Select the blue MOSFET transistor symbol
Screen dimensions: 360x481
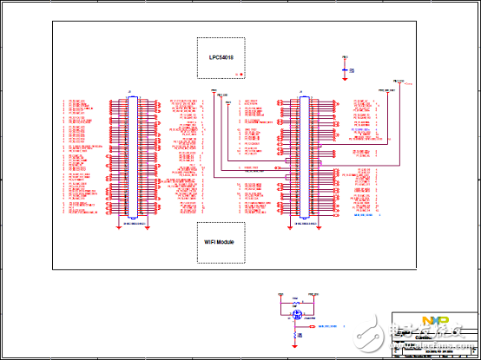pyautogui.click(x=296, y=316)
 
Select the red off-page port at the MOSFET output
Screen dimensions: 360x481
pyautogui.click(x=312, y=327)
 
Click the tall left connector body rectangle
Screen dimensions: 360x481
pyautogui.click(x=133, y=156)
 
